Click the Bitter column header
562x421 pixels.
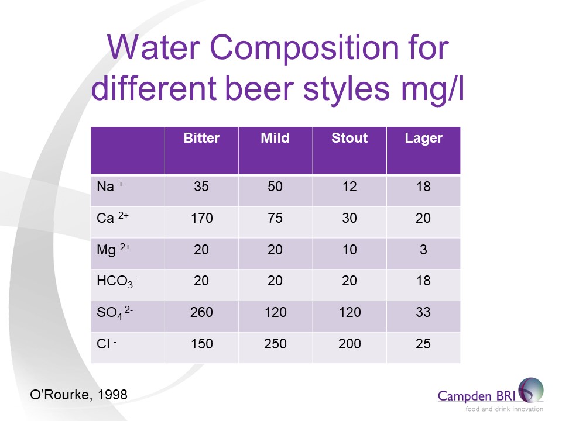point(201,139)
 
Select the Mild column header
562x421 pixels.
point(275,139)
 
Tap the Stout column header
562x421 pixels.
point(349,139)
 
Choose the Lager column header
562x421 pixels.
point(423,139)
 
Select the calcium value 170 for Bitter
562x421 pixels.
point(201,219)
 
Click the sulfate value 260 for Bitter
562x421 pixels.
point(201,312)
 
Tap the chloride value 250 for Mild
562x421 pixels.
point(275,344)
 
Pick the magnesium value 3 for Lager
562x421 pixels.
point(423,250)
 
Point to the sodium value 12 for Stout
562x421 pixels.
point(349,187)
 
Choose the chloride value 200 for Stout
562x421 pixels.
point(349,344)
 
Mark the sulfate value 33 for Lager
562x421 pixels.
point(423,312)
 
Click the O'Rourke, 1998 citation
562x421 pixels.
point(77,395)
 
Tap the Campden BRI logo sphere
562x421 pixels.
point(530,390)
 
